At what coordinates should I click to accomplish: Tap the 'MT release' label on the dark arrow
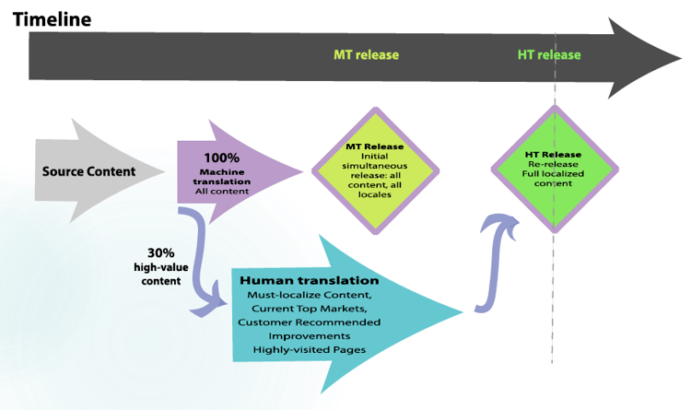coord(366,55)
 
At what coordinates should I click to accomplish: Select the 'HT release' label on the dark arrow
coord(549,55)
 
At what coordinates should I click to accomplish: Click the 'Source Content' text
coord(88,171)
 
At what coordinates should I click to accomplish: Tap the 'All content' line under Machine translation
coord(222,191)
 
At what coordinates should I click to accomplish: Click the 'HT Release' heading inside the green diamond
coord(553,154)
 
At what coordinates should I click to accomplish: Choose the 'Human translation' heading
coord(310,280)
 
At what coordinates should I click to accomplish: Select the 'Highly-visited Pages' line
coord(310,351)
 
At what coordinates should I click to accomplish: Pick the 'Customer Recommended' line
coord(309,322)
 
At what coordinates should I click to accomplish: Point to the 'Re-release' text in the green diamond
coord(553,164)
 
